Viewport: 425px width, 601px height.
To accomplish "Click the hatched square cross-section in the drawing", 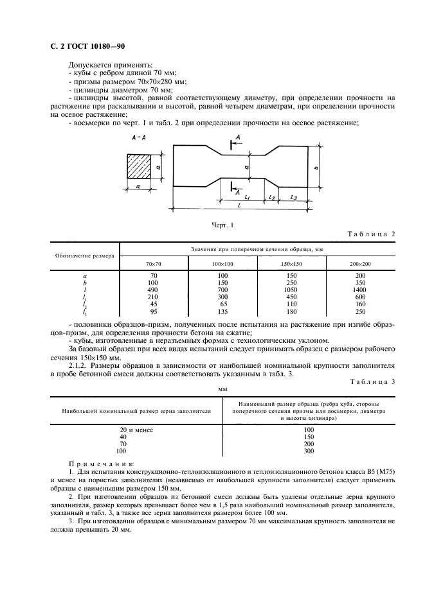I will point(138,168).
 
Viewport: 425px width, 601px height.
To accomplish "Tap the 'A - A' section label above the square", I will point(138,138).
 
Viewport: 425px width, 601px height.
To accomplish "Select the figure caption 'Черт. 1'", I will point(222,225).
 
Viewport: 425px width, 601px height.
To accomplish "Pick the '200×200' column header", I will point(361,264).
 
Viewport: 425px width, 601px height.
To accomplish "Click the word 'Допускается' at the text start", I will point(89,65).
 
